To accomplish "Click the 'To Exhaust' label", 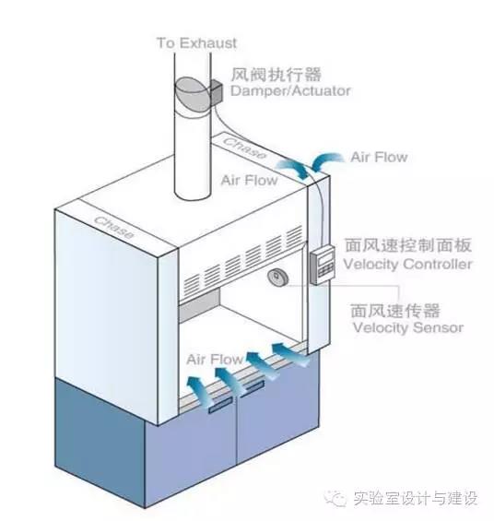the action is click(x=196, y=43).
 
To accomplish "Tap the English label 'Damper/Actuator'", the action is click(x=290, y=90).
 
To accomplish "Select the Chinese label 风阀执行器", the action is click(x=276, y=74).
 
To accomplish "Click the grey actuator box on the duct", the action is click(x=216, y=91).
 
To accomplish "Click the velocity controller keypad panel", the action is click(x=323, y=265).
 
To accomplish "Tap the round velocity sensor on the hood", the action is click(x=277, y=278).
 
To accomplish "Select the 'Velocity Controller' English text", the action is click(x=407, y=264).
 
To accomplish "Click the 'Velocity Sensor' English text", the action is click(x=408, y=327).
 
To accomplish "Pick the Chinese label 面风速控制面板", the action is click(x=408, y=245).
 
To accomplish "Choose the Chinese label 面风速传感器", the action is click(x=395, y=311).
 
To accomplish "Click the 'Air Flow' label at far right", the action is click(x=379, y=157).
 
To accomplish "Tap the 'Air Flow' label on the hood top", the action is click(x=250, y=180).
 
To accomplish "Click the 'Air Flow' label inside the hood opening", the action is click(x=215, y=360).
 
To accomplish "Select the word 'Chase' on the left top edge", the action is click(x=114, y=227).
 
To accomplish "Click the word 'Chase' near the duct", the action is click(x=244, y=148).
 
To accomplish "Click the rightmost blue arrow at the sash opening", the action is click(x=289, y=355).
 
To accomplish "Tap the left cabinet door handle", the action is click(x=220, y=406).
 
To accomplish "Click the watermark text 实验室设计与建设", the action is click(x=416, y=498).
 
